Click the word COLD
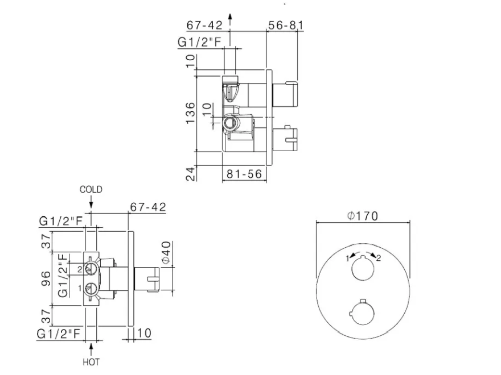[91, 189]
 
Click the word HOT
[91, 363]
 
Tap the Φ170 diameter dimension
[363, 216]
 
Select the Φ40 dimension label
[166, 253]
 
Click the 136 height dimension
[190, 113]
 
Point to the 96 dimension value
[47, 278]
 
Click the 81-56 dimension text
[244, 174]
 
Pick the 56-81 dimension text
[285, 25]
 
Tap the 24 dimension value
[190, 174]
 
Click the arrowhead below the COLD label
[91, 205]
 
